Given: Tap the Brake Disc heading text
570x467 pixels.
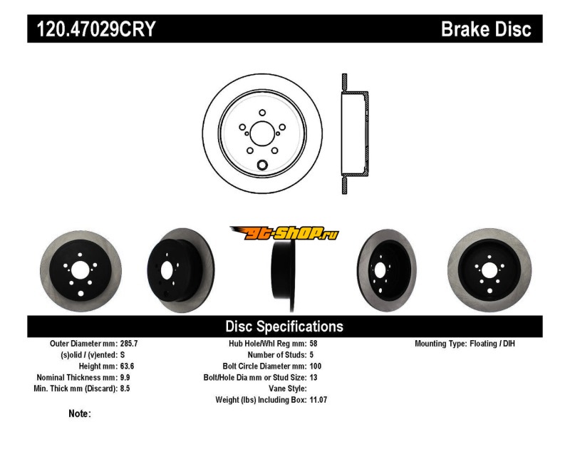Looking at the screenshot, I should coord(486,29).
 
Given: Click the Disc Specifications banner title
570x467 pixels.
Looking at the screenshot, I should coord(284,327).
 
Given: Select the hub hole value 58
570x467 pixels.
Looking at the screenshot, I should coord(314,344).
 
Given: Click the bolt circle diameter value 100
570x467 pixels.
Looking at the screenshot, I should coord(316,366).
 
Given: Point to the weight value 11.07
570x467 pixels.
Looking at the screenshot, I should coord(318,400).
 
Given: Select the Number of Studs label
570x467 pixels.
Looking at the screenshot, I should coord(277,354).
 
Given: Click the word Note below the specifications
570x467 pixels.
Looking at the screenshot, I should coord(79,414).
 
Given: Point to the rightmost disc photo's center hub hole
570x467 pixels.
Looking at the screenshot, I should coord(490,270).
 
